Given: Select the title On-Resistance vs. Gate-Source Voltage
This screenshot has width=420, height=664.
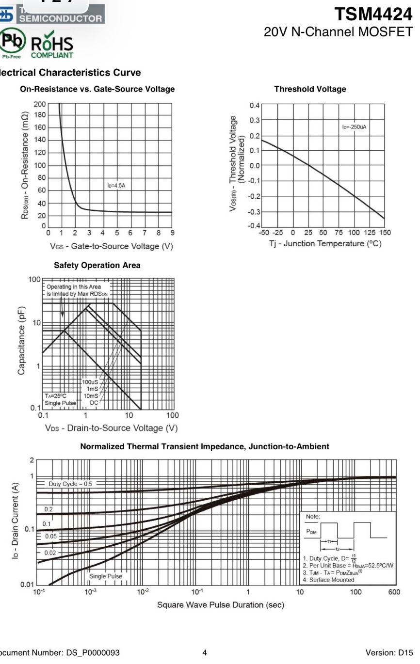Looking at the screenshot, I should pyautogui.click(x=97, y=90).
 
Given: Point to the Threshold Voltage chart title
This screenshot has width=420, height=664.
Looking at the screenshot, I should pyautogui.click(x=310, y=90).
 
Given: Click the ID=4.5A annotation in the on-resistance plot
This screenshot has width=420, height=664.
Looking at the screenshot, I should pyautogui.click(x=116, y=186).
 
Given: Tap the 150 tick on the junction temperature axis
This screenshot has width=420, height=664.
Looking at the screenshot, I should pyautogui.click(x=385, y=233).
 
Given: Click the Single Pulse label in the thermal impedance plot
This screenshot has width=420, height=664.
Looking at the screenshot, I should pyautogui.click(x=106, y=576).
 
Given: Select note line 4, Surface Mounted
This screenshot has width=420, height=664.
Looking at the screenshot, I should pyautogui.click(x=328, y=580).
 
